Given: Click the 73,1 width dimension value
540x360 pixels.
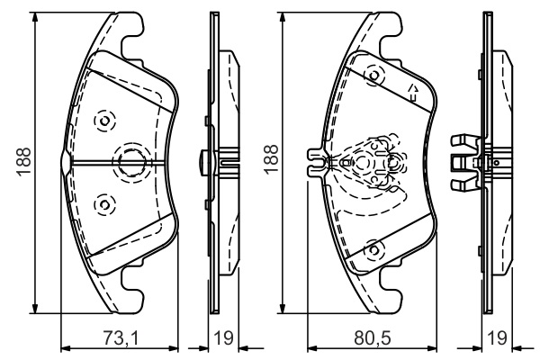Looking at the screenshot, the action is [x=121, y=337].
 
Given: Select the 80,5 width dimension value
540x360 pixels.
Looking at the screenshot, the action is [x=373, y=337].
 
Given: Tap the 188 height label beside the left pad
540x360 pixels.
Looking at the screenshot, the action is [x=24, y=162].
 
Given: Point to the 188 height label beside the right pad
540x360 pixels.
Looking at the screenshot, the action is [x=272, y=159].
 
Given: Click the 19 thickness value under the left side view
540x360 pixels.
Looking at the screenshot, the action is [x=223, y=337].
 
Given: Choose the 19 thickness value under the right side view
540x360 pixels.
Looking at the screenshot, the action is [x=498, y=337].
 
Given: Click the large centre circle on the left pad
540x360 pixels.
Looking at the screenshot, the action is [x=131, y=163].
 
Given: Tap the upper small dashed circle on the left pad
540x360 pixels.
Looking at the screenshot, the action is [x=104, y=121].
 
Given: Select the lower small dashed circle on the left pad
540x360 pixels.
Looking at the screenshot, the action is [x=104, y=205].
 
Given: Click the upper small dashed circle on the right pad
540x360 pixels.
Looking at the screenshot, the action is [x=374, y=76].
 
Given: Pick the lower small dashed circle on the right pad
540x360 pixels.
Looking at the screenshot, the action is [x=374, y=250].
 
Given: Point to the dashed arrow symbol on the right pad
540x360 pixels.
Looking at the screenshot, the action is [x=413, y=93].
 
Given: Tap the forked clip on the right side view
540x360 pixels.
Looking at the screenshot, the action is [x=465, y=163].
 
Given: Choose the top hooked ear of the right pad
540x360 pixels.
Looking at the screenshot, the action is [x=389, y=34].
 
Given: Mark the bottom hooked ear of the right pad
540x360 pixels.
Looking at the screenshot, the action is [x=389, y=291].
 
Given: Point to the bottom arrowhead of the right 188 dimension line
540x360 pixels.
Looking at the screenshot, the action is [x=283, y=308].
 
